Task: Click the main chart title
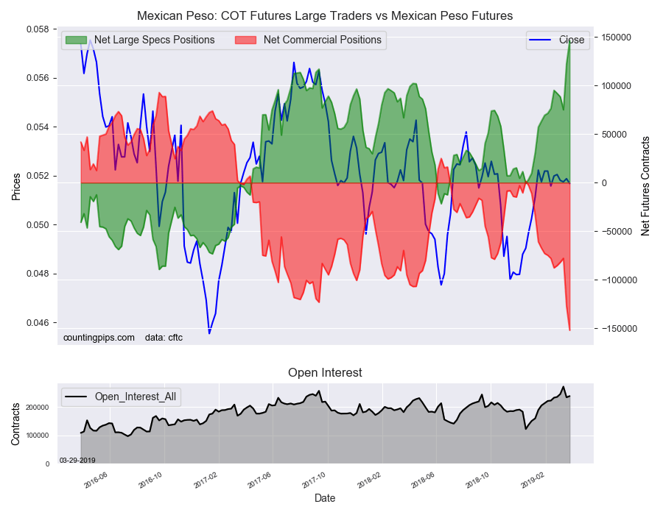pyautogui.click(x=325, y=15)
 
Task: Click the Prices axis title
pyautogui.click(x=15, y=186)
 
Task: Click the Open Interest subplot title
pyautogui.click(x=325, y=373)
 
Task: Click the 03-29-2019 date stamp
pyautogui.click(x=77, y=460)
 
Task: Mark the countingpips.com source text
pyautogui.click(x=99, y=338)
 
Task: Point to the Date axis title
pyautogui.click(x=325, y=498)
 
